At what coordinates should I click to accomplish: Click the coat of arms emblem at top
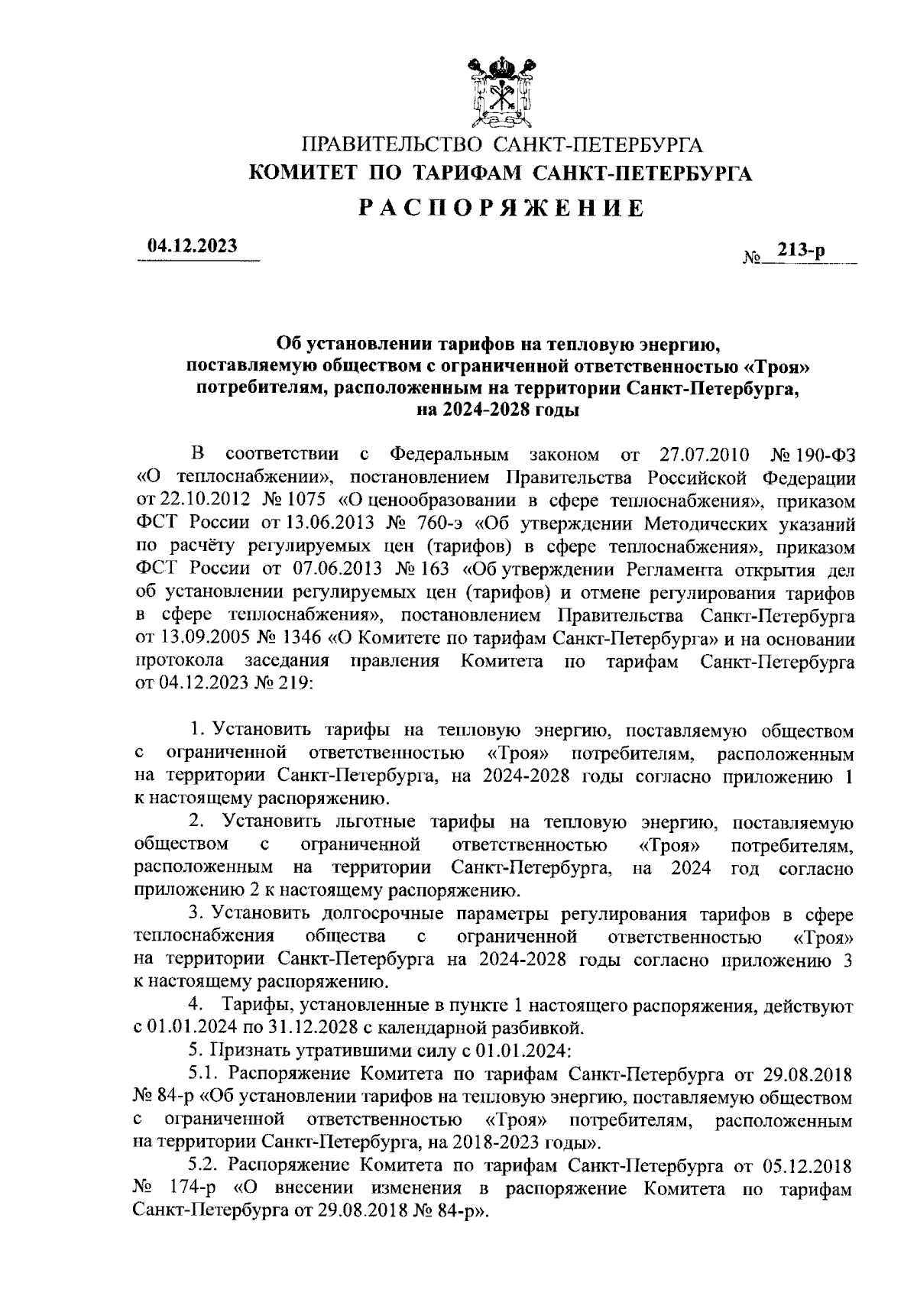click(x=501, y=92)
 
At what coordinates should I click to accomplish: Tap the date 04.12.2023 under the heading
click(x=193, y=246)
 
